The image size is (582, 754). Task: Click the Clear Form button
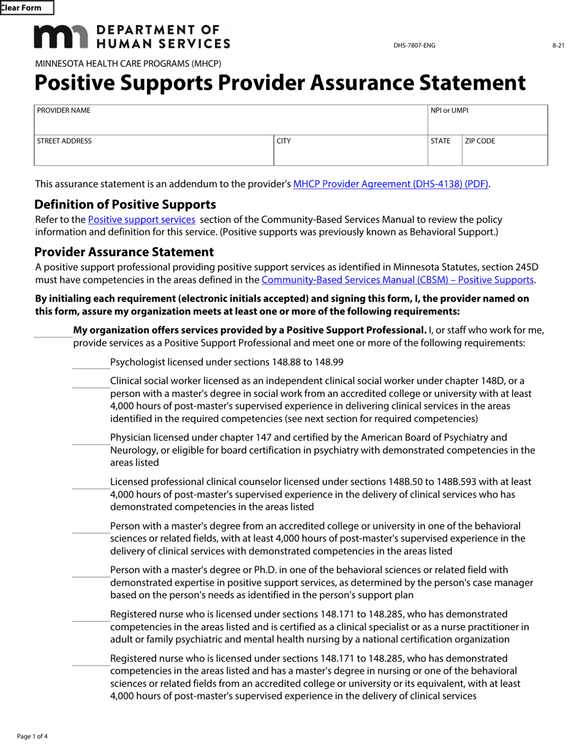coord(26,8)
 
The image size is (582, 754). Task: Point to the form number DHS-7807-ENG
coord(414,46)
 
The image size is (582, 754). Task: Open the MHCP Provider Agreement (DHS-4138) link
coord(391,184)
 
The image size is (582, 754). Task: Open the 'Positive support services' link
coord(142,219)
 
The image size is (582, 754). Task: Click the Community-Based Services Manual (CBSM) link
coord(398,280)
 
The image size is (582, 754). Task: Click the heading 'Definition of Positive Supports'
coord(125,205)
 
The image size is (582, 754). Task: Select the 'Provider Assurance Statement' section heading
coord(124,252)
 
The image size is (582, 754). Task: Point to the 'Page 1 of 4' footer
coord(32,736)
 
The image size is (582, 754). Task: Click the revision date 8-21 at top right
coord(557,46)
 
